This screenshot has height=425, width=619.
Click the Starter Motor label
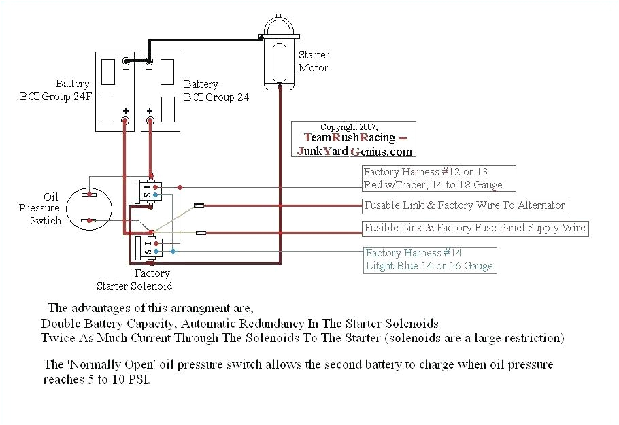point(314,61)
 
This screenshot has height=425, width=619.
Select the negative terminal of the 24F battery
point(125,61)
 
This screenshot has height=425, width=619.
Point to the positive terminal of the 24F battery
point(125,120)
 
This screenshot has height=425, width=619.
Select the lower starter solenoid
point(149,248)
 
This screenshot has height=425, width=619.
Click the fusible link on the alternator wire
point(199,205)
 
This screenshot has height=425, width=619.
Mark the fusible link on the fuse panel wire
point(201,233)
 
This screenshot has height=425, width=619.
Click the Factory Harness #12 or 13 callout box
point(438,178)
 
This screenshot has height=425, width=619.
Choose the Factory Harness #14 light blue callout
point(429,259)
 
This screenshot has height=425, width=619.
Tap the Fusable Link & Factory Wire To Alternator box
point(465,205)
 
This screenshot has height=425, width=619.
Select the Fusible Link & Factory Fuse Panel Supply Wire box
point(474,228)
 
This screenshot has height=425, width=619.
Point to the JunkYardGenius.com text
point(354,151)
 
